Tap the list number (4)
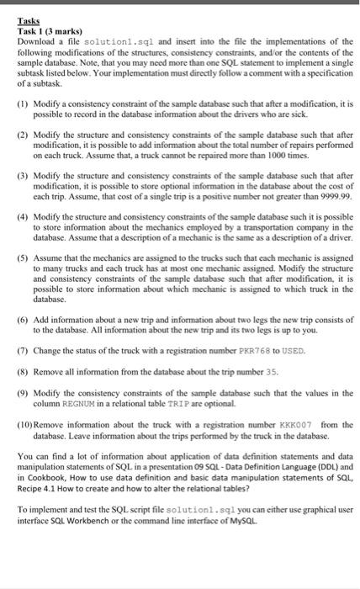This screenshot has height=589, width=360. (28, 216)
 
